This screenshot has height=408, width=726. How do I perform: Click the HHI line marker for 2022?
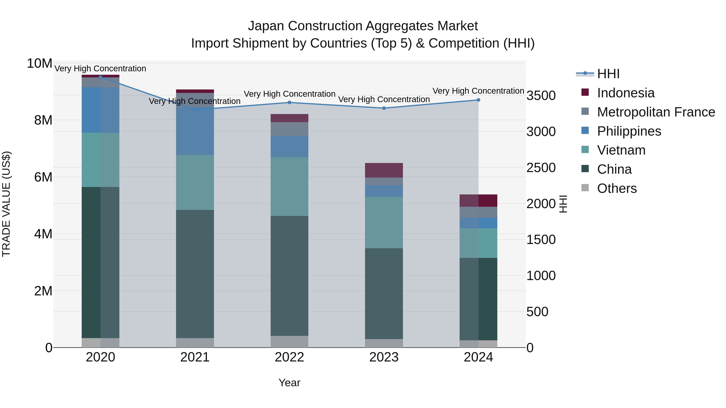(x=289, y=103)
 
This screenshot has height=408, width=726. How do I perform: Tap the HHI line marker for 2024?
(x=478, y=100)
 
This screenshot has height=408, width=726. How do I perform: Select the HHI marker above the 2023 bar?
(x=384, y=108)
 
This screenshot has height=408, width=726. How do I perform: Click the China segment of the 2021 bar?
(x=195, y=274)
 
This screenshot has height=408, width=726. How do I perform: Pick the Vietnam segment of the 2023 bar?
(x=384, y=222)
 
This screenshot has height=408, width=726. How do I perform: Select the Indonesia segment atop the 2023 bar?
(x=384, y=170)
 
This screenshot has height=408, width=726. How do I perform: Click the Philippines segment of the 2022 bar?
(x=289, y=146)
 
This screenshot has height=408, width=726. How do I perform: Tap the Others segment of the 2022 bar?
(x=289, y=341)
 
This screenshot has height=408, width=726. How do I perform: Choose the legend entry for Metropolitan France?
(x=656, y=112)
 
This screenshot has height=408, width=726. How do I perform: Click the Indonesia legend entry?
(x=626, y=93)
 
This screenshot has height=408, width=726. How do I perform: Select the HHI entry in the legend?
(x=608, y=74)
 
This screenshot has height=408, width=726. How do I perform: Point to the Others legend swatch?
(x=585, y=188)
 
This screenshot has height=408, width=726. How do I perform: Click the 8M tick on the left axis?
(x=43, y=120)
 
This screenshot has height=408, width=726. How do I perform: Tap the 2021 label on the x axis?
(x=195, y=357)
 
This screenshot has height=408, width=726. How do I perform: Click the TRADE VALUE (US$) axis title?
(x=6, y=204)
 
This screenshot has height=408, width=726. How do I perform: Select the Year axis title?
(x=289, y=383)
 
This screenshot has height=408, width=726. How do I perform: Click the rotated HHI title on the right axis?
(x=563, y=204)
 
